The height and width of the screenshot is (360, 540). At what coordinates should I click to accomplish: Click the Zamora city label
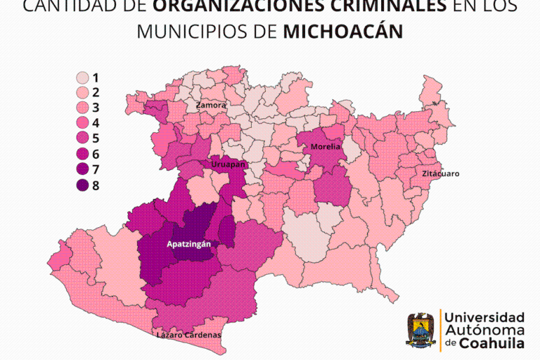pos(211,105)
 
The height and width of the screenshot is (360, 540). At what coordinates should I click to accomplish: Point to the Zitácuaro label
pos(440,173)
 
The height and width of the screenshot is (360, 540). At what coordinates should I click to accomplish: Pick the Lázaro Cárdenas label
pos(188,335)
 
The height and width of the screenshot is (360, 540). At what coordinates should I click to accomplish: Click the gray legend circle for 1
pos(83,77)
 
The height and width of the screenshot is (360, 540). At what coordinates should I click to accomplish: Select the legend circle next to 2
pos(83,93)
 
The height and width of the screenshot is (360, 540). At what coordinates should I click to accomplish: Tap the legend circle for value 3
pos(83,108)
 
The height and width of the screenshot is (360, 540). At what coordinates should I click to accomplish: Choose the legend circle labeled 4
pos(83,124)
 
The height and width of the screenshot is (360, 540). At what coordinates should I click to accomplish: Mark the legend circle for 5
pos(83,139)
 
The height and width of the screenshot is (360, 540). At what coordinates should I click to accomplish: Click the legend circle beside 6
pos(83,155)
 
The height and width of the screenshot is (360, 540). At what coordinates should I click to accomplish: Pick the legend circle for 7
pos(83,170)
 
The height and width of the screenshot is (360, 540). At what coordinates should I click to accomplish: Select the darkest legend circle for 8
pos(83,186)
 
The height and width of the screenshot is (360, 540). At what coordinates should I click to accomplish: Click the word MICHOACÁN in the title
pos(343,32)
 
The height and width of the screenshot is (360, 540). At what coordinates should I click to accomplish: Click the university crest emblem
pos(420,330)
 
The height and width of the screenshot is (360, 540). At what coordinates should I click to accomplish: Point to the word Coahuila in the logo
pos(492,343)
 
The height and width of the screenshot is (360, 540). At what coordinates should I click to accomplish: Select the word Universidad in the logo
pos(484,316)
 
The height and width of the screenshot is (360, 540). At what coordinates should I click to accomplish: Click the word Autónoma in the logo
pos(484,330)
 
